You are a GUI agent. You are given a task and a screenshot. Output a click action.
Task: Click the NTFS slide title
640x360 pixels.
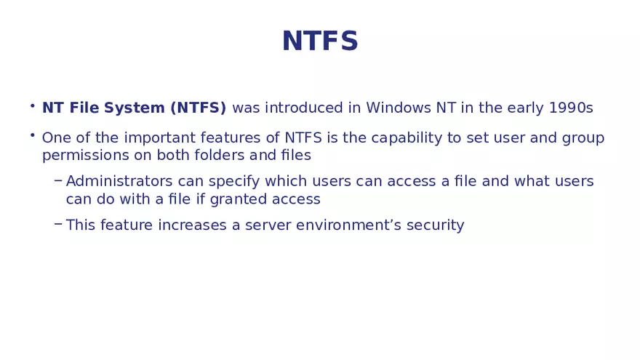[x=320, y=41]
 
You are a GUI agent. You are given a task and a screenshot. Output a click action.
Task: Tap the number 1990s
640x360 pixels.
[x=571, y=108]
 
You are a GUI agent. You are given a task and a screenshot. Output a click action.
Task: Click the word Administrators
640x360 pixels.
[x=119, y=182]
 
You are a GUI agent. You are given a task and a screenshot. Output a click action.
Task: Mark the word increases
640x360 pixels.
[x=197, y=225]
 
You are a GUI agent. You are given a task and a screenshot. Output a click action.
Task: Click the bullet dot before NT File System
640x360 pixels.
[x=33, y=106]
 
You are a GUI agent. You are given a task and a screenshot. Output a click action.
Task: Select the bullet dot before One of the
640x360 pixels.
[x=33, y=135]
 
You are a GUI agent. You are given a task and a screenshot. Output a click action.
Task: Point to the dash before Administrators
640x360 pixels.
[x=58, y=180]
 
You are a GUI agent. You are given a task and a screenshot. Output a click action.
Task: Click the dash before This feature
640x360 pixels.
[x=58, y=224]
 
